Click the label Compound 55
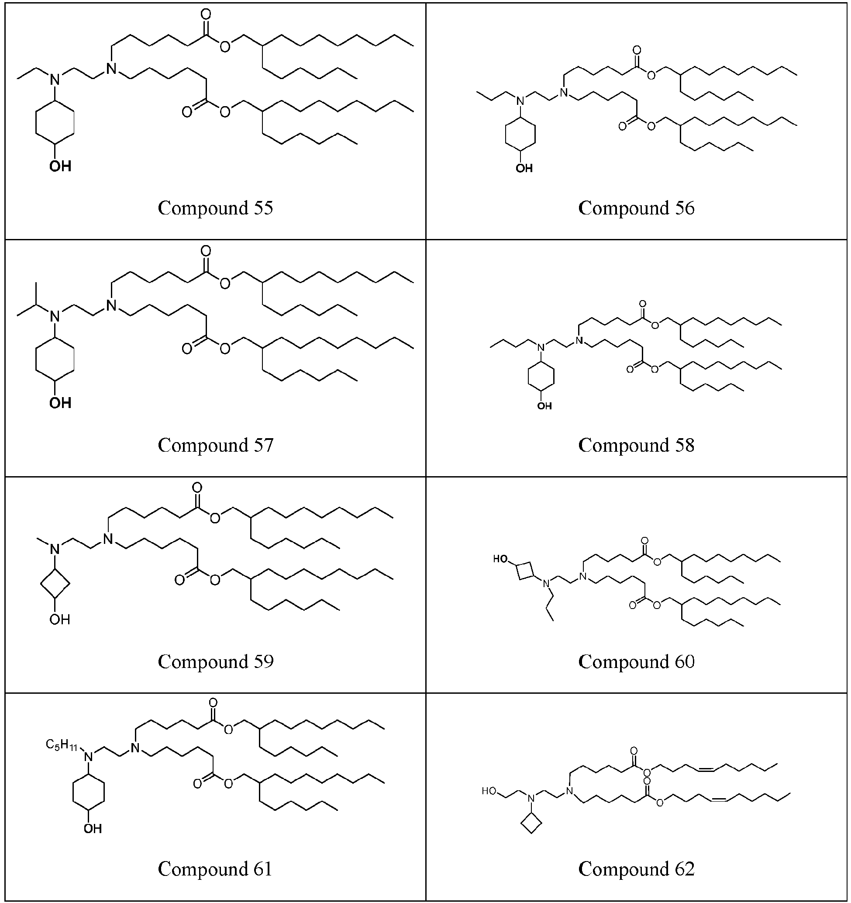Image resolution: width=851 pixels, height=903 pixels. [x=215, y=208]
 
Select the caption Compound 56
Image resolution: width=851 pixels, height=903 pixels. [x=636, y=208]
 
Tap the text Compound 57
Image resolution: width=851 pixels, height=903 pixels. [x=216, y=445]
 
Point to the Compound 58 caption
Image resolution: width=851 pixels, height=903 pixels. [x=636, y=445]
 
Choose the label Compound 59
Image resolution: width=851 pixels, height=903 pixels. [x=216, y=662]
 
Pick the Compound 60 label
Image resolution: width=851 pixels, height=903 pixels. [x=636, y=662]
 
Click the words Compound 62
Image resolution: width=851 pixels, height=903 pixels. [x=636, y=869]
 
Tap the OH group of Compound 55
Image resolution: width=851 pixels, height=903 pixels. [x=60, y=166]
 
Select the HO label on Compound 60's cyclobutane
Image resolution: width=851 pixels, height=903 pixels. [x=500, y=559]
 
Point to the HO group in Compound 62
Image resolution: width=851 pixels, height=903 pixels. [x=489, y=791]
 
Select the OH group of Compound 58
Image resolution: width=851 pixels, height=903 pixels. [x=544, y=405]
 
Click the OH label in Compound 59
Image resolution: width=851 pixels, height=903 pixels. [x=60, y=619]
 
